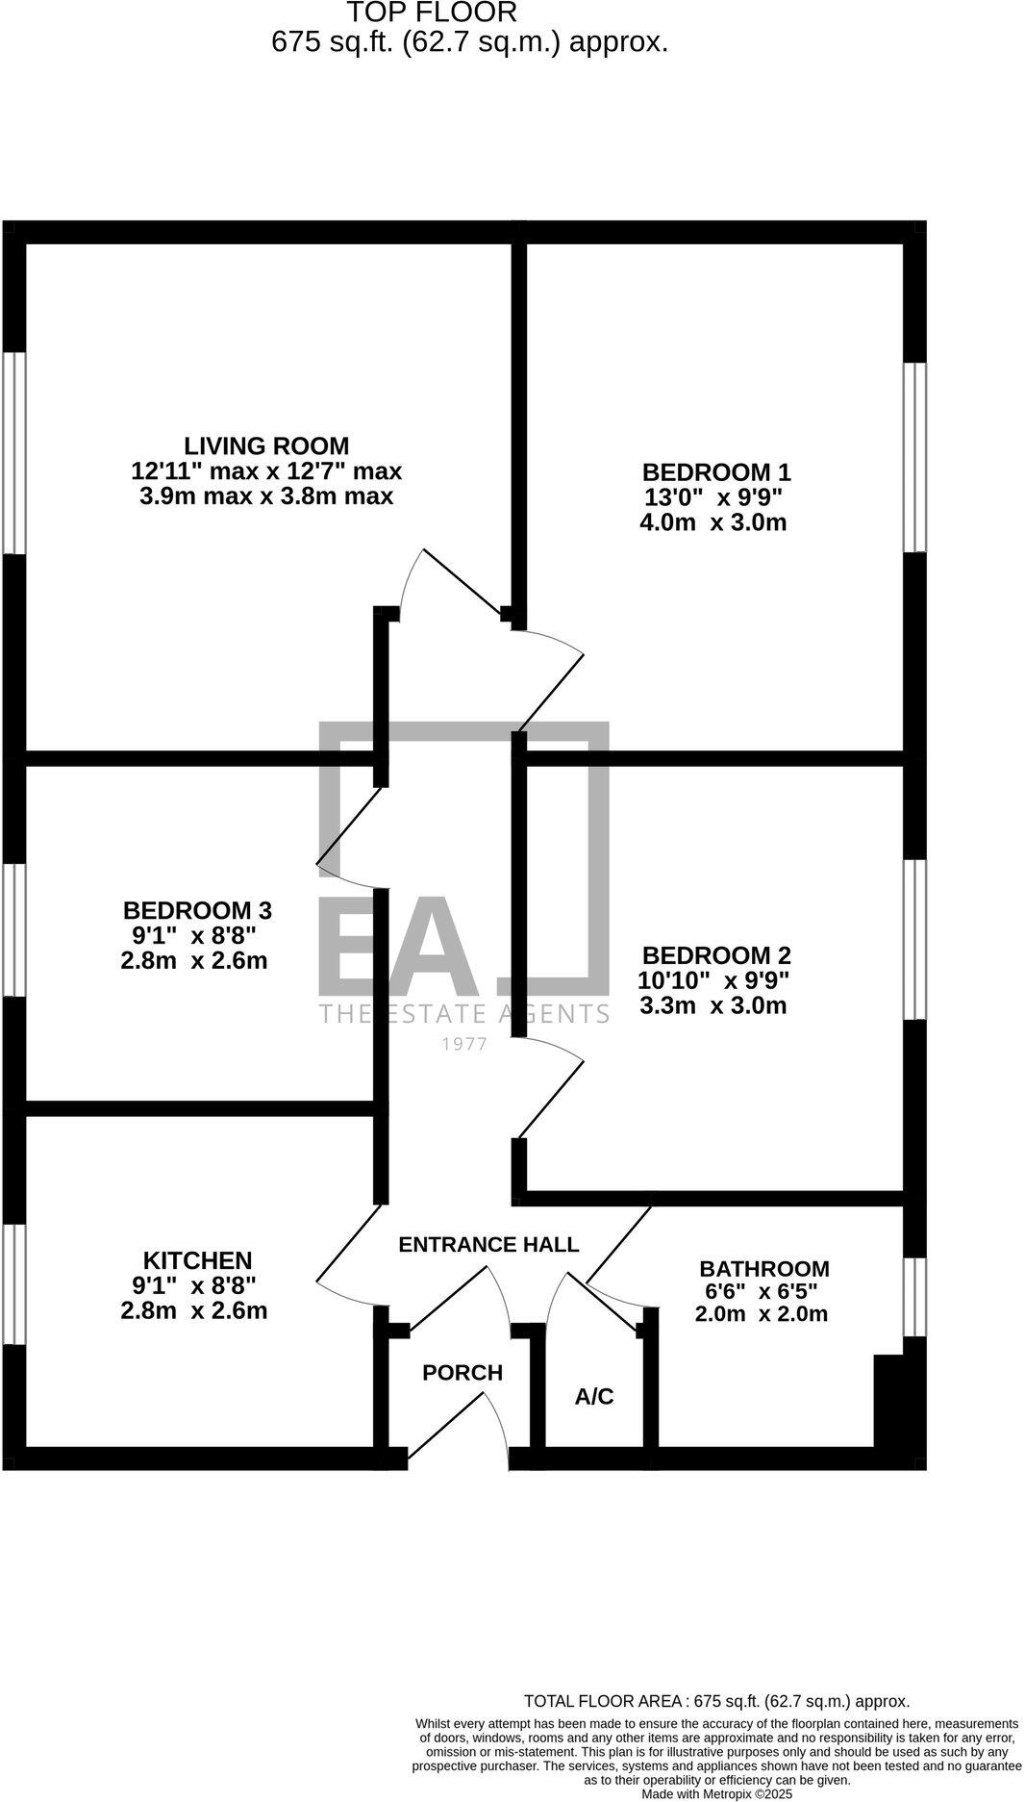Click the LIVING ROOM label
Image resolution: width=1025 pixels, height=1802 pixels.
[x=266, y=446]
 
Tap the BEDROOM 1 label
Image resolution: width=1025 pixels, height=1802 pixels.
[x=715, y=472]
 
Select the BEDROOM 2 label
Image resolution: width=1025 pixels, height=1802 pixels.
[x=715, y=955]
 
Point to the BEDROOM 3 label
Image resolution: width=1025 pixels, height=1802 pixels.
[x=197, y=910]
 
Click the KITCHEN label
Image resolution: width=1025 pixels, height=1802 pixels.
[x=197, y=1260]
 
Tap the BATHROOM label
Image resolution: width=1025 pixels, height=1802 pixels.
[x=763, y=1269]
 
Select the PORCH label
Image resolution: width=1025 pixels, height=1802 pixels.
[x=462, y=1373]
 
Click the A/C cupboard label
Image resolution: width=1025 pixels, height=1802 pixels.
[x=594, y=1397]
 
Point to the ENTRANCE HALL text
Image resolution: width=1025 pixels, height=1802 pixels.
[x=488, y=1244]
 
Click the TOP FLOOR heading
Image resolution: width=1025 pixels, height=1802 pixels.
[x=432, y=13]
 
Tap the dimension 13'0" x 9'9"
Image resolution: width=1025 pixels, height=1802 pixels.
[x=712, y=498]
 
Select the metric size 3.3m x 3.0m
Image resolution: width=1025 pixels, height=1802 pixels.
[x=712, y=1006]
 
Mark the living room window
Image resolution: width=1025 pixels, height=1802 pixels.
[x=13, y=452]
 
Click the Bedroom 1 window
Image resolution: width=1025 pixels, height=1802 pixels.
[x=914, y=457]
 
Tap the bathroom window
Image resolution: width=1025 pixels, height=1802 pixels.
[x=914, y=1296]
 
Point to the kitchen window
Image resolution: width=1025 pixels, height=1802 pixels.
[x=13, y=1283]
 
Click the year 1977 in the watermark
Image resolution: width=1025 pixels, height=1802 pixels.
[x=463, y=1044]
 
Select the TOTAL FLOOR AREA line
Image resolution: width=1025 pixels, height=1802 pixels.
[x=716, y=1701]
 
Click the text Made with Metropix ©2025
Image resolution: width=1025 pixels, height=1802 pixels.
[x=716, y=1794]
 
